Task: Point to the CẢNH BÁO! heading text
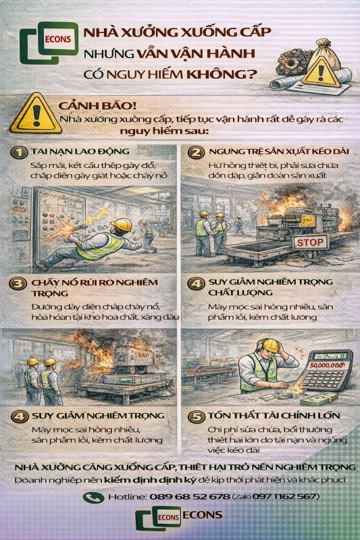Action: (x=88, y=106)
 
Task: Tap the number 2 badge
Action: (x=197, y=152)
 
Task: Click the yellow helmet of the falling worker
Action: (x=122, y=225)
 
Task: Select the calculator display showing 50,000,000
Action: (x=327, y=366)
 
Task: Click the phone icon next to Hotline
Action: (x=93, y=497)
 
